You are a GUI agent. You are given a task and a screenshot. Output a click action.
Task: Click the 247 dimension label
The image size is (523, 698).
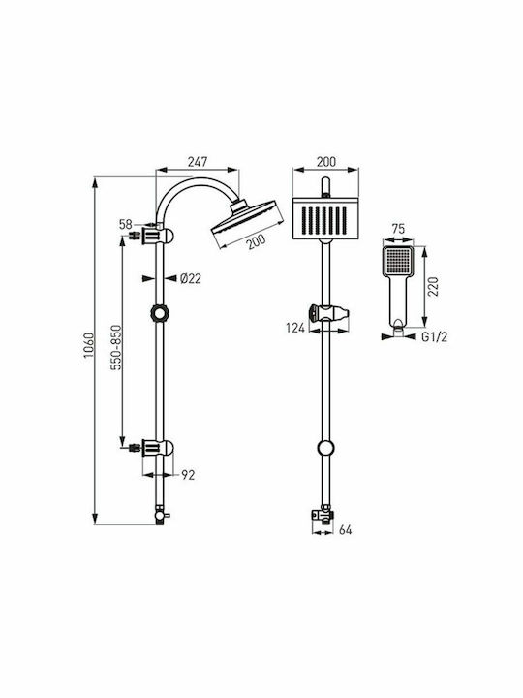pyautogui.click(x=198, y=162)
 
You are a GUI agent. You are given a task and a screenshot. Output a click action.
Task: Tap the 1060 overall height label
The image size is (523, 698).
pyautogui.click(x=89, y=345)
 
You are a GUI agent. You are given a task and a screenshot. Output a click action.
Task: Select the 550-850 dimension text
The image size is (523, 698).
pyautogui.click(x=116, y=348)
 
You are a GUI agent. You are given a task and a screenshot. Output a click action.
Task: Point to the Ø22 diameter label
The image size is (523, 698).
pyautogui.click(x=191, y=278)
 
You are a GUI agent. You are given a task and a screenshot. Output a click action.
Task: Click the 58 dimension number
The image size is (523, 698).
pyautogui.click(x=126, y=224)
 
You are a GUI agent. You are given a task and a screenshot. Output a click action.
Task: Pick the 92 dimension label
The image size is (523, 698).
pyautogui.click(x=188, y=475)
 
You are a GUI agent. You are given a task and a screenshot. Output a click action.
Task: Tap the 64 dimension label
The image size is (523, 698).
pyautogui.click(x=345, y=530)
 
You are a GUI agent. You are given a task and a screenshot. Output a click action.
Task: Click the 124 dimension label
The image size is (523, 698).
pyautogui.click(x=295, y=328)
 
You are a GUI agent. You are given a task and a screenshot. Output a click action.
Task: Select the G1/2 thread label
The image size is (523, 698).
pyautogui.click(x=434, y=337)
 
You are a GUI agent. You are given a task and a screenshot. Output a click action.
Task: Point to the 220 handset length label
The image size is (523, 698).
pyautogui.click(x=433, y=287)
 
